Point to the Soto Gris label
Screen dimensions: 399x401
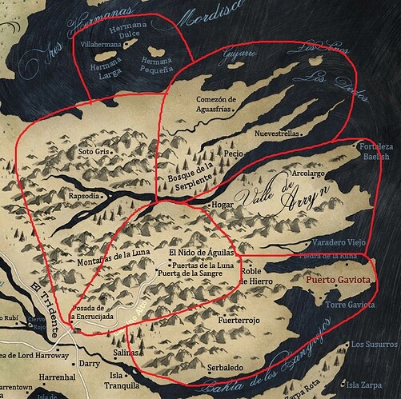point(93,150)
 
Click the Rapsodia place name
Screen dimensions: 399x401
point(86,196)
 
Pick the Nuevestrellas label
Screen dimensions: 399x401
point(277,134)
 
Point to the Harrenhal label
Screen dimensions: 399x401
point(35,376)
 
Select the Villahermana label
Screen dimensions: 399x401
point(98,46)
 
